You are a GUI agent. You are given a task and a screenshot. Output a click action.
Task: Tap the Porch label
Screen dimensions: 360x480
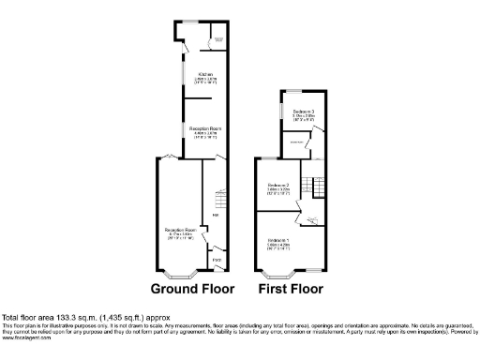tap(215, 259)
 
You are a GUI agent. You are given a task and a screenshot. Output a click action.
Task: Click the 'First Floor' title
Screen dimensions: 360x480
tap(290, 289)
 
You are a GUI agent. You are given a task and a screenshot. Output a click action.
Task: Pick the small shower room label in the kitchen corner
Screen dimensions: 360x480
tap(217, 39)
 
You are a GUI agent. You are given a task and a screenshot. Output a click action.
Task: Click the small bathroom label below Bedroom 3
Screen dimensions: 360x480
tap(294, 142)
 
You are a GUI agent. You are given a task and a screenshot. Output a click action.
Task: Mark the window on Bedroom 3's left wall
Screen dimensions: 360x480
tap(279, 111)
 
